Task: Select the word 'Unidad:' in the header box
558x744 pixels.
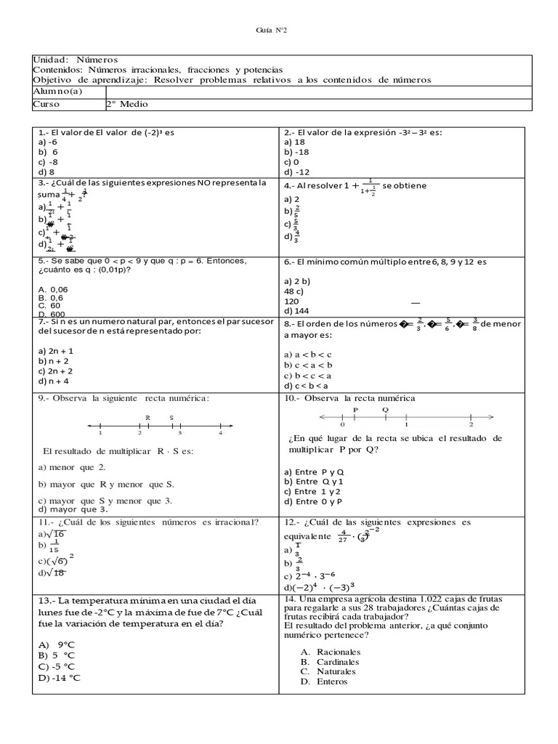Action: [50, 59]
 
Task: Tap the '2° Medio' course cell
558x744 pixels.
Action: [126, 104]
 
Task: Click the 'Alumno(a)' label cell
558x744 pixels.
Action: [58, 91]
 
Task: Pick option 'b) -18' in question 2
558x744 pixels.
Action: [298, 153]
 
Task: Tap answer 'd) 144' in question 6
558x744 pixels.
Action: [298, 310]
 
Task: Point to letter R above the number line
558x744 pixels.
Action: [147, 418]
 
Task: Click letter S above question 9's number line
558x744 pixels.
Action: [171, 418]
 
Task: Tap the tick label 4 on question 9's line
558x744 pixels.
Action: [220, 433]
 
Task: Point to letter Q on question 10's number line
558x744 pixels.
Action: [386, 409]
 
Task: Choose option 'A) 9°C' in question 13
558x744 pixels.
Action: [57, 644]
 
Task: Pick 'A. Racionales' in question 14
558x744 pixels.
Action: [329, 652]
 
